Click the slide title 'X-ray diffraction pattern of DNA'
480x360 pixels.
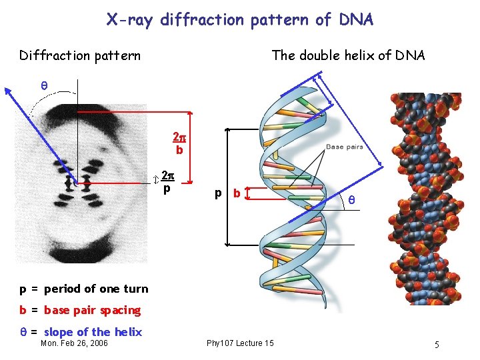pyautogui.click(x=240, y=20)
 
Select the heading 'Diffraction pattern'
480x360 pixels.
pyautogui.click(x=80, y=55)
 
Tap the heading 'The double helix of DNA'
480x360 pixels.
pyautogui.click(x=348, y=55)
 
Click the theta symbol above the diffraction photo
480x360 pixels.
pyautogui.click(x=44, y=86)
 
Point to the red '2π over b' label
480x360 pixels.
pyautogui.click(x=179, y=143)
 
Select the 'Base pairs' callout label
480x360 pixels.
pyautogui.click(x=345, y=147)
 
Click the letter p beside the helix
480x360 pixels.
pyautogui.click(x=218, y=194)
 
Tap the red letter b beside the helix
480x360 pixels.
pyautogui.click(x=235, y=194)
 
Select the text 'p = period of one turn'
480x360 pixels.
pyautogui.click(x=84, y=289)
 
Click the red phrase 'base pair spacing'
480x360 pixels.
pyautogui.click(x=93, y=310)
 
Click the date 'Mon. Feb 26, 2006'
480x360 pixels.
pyautogui.click(x=73, y=343)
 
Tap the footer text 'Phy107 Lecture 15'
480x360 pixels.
pyautogui.click(x=240, y=343)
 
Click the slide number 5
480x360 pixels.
pyautogui.click(x=436, y=345)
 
